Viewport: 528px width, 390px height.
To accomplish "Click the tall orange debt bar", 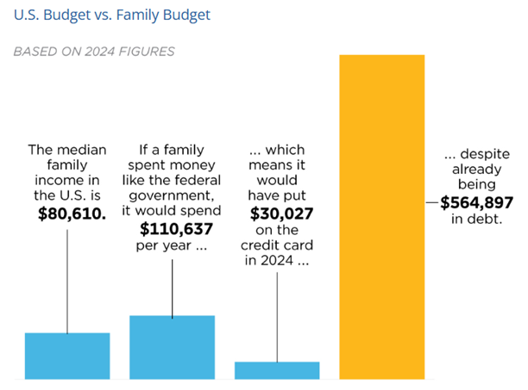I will [x=382, y=215].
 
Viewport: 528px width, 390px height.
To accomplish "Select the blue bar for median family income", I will [x=67, y=355].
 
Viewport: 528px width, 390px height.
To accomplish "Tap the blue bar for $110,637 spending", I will [x=172, y=346].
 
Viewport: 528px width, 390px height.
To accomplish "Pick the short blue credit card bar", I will [x=277, y=369].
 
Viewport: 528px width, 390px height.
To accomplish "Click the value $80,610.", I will [x=67, y=212].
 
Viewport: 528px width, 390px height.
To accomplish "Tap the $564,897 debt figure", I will [x=476, y=203].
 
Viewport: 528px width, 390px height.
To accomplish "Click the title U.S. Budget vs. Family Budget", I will [x=112, y=15].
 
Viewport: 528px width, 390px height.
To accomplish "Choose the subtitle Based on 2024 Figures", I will [x=94, y=52].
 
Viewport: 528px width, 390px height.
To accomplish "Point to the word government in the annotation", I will [x=173, y=195].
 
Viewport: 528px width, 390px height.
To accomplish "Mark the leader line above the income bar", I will [x=67, y=275].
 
